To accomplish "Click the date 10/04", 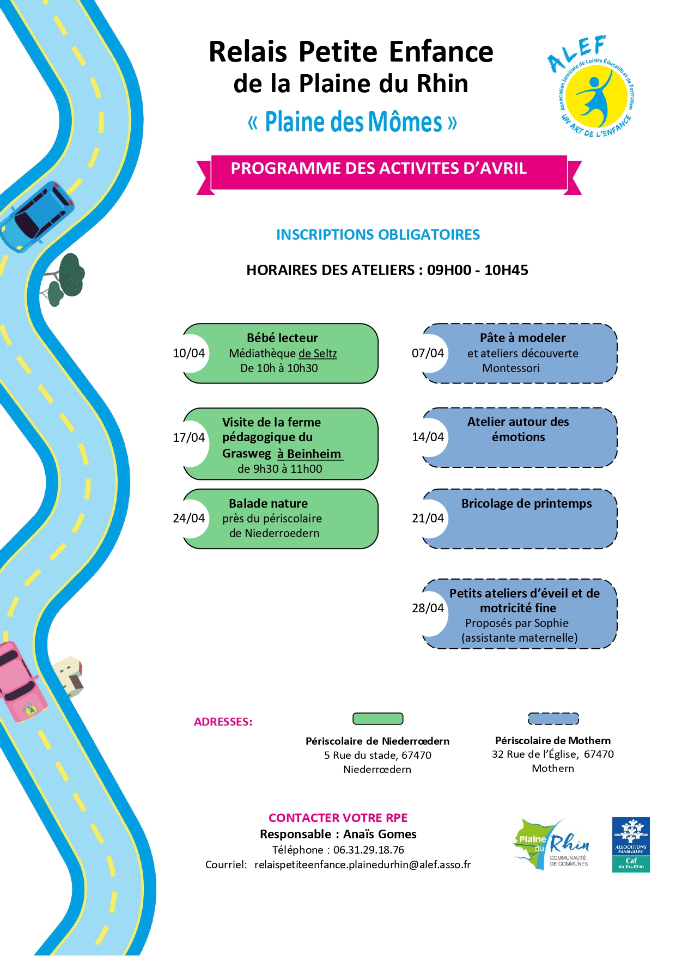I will [188, 353].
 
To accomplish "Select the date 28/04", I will [428, 608].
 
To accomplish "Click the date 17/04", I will [188, 437].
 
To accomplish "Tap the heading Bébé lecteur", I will [282, 338].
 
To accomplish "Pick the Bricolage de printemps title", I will [526, 503].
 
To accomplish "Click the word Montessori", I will [511, 368].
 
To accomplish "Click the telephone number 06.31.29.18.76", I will [369, 850].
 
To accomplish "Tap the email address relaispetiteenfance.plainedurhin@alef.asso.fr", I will [362, 864].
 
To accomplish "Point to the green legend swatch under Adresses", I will [377, 718].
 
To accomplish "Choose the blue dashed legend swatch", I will [553, 718].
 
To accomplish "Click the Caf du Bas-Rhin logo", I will [631, 844].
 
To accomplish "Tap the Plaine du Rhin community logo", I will [551, 844].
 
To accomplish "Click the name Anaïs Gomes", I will [380, 834].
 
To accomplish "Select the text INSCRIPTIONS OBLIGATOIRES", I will [378, 235].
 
